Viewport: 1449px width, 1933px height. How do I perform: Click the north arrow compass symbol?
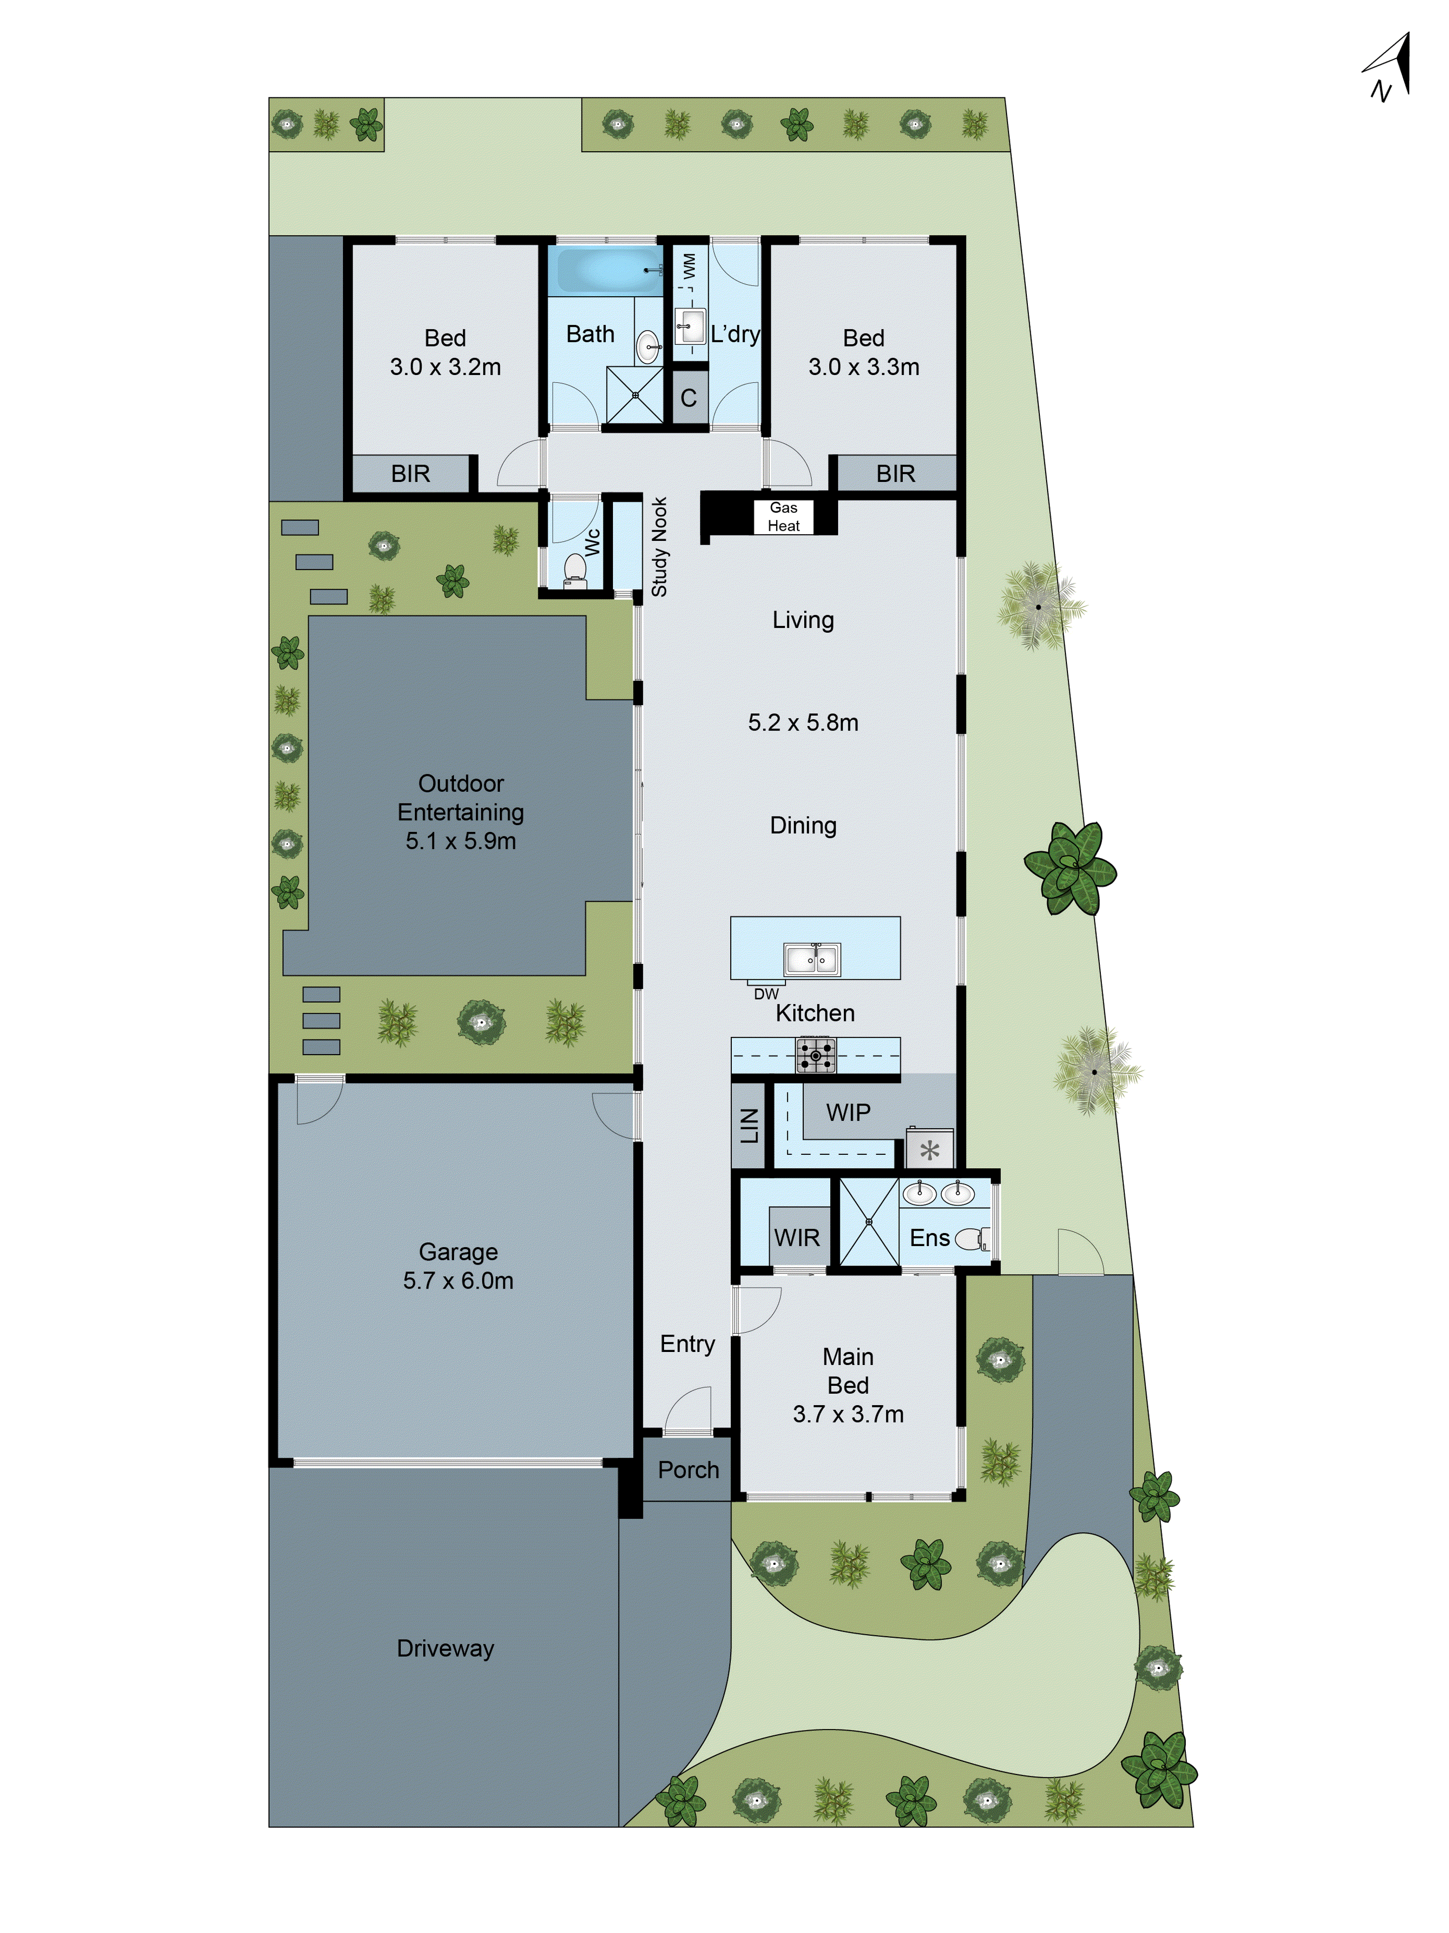[x=1389, y=68]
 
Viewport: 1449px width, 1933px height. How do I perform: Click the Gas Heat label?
[x=783, y=516]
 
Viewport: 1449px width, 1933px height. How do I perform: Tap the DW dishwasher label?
[x=766, y=994]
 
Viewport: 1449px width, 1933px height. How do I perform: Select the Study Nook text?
[x=659, y=547]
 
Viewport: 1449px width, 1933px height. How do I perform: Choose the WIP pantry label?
[x=848, y=1112]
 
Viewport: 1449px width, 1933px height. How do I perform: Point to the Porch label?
[x=688, y=1470]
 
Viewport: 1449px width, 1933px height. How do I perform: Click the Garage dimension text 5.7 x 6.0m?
[x=458, y=1280]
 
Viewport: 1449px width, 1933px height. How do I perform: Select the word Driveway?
[x=445, y=1648]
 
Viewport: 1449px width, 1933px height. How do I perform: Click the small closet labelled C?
[x=688, y=398]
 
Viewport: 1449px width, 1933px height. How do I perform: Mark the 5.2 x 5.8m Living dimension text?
[x=803, y=723]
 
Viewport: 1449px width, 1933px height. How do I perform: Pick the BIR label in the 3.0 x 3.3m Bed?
[x=895, y=474]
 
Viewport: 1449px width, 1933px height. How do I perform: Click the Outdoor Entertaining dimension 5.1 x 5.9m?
[x=460, y=841]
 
